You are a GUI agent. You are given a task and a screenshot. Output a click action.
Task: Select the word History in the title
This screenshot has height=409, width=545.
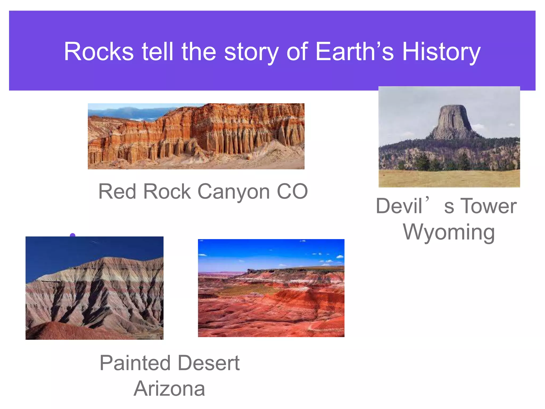441,52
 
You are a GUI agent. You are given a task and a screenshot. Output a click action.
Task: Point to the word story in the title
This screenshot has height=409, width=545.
251,52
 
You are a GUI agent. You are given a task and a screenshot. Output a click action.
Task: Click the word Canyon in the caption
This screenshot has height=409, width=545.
234,192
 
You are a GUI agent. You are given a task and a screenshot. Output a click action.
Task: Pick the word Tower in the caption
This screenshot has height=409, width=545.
488,206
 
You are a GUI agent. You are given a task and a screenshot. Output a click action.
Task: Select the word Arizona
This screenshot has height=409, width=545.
169,389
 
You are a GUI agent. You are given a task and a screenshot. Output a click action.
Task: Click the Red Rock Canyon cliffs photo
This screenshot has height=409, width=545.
196,136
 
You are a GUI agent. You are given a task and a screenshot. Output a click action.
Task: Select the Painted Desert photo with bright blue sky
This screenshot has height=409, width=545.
271,288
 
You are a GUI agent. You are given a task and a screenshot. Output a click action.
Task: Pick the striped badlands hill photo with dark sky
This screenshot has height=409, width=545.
94,288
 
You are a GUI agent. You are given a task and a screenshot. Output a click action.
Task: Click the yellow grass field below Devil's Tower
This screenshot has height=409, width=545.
449,178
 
